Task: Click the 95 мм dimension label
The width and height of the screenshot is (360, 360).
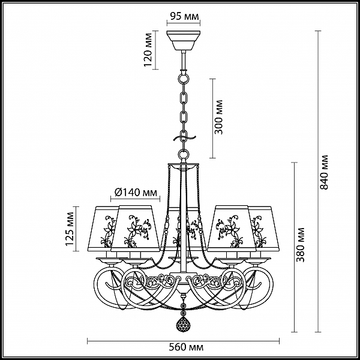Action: tap(184, 16)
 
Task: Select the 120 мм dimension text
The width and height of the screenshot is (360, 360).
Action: tap(148, 50)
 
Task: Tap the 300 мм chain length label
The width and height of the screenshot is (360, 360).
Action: tap(218, 117)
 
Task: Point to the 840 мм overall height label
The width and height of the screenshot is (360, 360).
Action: tap(324, 172)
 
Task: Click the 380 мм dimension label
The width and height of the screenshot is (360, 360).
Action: tap(300, 245)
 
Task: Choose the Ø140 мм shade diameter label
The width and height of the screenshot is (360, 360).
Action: tap(136, 193)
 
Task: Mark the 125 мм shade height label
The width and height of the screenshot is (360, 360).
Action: tap(70, 229)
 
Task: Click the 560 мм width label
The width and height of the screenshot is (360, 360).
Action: tap(186, 347)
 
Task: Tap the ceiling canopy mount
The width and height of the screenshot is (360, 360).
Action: tap(183, 40)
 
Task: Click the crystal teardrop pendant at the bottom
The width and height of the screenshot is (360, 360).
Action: tap(183, 324)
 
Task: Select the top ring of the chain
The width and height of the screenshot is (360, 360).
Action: tap(183, 78)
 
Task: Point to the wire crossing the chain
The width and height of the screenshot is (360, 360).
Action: tap(184, 138)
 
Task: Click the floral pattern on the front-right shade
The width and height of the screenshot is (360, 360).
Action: tap(229, 230)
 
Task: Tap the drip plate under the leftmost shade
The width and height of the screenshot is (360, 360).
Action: tap(109, 260)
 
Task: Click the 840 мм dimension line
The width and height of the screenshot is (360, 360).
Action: tap(318, 181)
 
